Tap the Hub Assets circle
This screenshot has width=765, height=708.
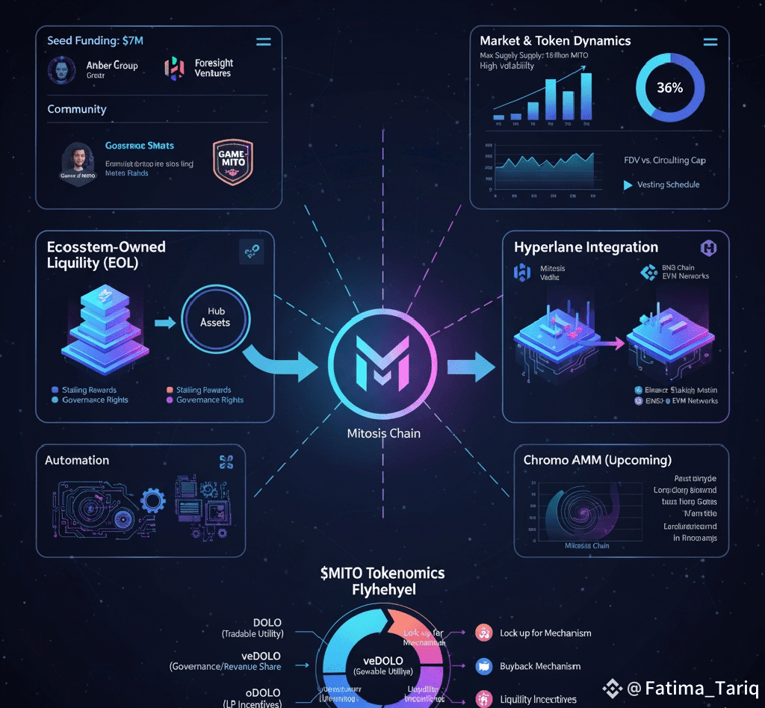tap(215, 317)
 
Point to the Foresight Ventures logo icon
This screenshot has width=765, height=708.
tap(174, 69)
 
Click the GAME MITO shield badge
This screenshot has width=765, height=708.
tap(233, 161)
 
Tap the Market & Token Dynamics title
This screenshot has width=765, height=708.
tap(555, 41)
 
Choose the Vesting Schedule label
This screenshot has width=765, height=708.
tap(668, 184)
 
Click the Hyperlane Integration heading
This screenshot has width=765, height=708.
tap(586, 247)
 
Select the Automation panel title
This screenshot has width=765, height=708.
tap(77, 460)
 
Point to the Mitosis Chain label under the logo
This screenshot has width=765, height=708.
tap(383, 433)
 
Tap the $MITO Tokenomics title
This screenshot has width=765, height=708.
tap(382, 574)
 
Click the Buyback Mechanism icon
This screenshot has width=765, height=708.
tap(483, 666)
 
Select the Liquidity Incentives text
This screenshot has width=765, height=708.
tap(538, 699)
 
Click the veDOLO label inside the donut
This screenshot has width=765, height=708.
tap(382, 660)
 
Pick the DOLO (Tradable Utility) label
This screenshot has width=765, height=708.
tap(253, 628)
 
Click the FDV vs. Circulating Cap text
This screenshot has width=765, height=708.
tap(664, 160)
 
